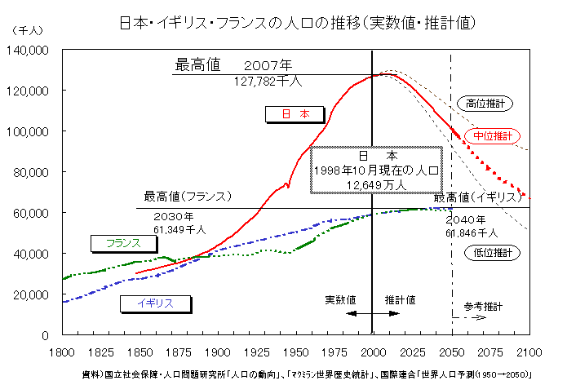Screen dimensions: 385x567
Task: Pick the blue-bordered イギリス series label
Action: click(155, 303)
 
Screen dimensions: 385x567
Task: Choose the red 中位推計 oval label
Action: click(492, 135)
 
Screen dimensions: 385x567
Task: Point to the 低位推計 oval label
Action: click(492, 253)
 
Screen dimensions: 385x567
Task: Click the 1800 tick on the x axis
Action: click(63, 352)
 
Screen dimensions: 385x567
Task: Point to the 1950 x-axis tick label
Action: click(295, 352)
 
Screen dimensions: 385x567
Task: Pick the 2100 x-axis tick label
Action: click(529, 352)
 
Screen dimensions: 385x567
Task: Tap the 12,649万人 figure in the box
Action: click(376, 185)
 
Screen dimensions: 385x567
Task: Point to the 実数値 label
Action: click(340, 299)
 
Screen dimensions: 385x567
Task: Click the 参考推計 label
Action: click(484, 306)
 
